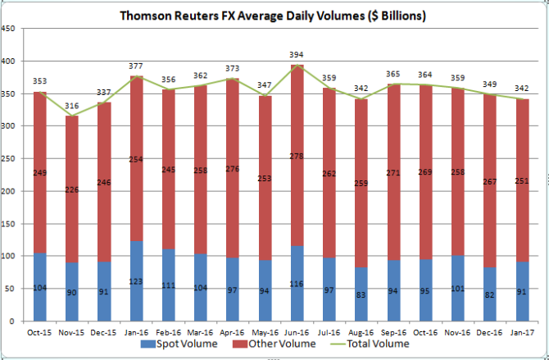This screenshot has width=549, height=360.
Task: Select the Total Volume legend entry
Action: (x=373, y=344)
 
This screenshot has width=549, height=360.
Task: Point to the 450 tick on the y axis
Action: (x=10, y=29)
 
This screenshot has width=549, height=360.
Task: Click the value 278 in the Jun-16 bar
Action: (x=297, y=178)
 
